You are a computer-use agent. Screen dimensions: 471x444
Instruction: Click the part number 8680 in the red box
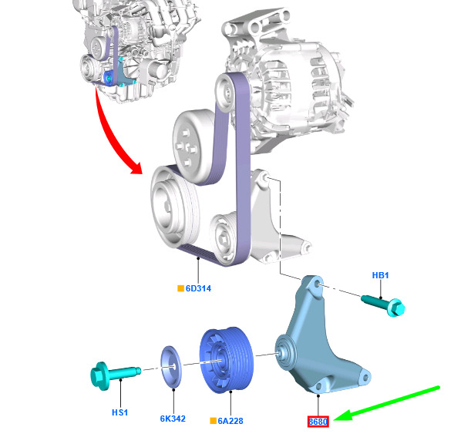tap(318, 422)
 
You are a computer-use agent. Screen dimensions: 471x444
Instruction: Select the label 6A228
tap(230, 421)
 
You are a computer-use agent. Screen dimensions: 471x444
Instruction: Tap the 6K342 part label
tap(173, 419)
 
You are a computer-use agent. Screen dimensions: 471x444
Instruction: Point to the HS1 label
tap(119, 412)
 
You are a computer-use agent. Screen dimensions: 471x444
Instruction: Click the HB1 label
tap(380, 275)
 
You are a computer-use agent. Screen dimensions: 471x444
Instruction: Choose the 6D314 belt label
tap(198, 288)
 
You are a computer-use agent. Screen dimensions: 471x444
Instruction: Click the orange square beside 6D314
tap(180, 288)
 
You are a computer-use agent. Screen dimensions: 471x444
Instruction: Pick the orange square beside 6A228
tap(213, 421)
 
